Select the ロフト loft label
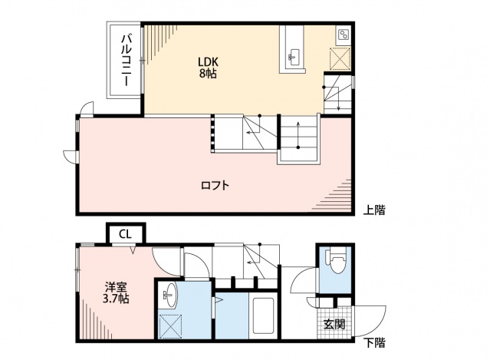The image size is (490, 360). coord(215,185)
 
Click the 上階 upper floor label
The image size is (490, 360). coord(374,209)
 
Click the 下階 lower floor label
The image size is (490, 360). coord(374,342)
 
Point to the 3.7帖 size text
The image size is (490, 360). coord(117,299)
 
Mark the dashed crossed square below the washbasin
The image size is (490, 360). coord(169,324)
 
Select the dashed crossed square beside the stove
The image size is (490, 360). coord(339,60)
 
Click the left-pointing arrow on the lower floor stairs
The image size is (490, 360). coord(251,262)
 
